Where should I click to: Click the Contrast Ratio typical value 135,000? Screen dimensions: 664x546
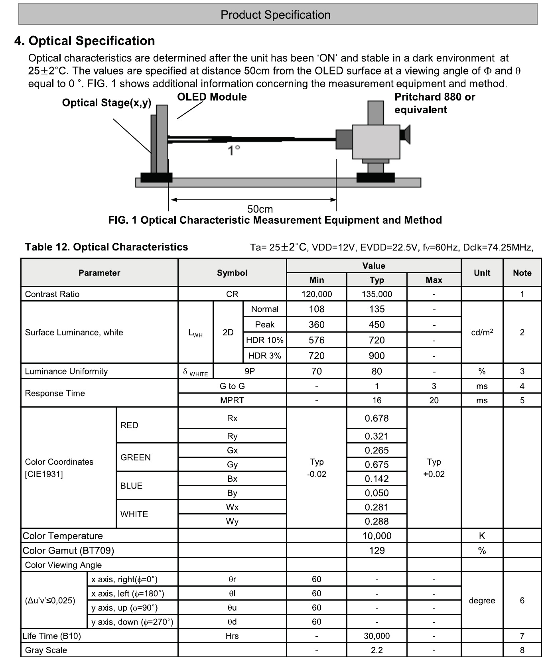(x=376, y=294)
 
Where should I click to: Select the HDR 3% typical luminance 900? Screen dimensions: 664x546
(x=376, y=356)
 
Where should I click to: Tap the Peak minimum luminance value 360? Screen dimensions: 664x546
(x=316, y=325)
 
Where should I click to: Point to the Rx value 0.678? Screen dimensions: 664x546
(x=376, y=418)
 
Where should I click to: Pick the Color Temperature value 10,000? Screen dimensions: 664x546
(x=376, y=536)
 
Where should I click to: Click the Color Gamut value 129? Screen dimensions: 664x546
(x=376, y=551)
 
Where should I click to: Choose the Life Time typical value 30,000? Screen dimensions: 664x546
(x=376, y=636)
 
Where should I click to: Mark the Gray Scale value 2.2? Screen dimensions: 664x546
(x=376, y=650)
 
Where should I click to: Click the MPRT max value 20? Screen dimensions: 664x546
(x=434, y=400)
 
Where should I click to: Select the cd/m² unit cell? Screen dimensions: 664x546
(x=482, y=332)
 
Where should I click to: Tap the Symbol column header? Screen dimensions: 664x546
(x=232, y=273)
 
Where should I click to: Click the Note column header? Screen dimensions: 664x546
(x=522, y=273)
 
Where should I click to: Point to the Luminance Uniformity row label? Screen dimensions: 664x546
(x=66, y=371)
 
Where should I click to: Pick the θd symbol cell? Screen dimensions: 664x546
(x=232, y=622)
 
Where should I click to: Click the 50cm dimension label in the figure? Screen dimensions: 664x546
(x=260, y=209)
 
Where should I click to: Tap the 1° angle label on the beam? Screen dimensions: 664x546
(x=234, y=150)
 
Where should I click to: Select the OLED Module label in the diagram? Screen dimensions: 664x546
(x=212, y=97)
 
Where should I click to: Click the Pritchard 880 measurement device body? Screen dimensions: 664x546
(x=376, y=142)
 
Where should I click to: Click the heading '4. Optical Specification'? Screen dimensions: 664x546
(x=85, y=41)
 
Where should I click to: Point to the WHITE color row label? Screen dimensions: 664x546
(x=134, y=514)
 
